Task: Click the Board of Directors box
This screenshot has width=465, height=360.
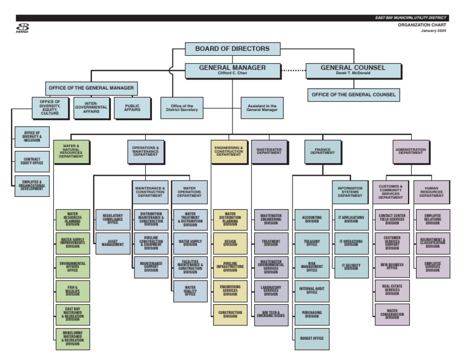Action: [x=232, y=49]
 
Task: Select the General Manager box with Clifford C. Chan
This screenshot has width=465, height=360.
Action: [x=232, y=70]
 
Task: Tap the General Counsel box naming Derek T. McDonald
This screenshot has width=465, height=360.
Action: [x=352, y=70]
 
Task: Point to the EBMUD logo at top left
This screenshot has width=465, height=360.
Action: [x=22, y=28]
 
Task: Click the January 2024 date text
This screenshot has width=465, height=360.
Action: [x=434, y=31]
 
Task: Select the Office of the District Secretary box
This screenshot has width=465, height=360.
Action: [x=182, y=108]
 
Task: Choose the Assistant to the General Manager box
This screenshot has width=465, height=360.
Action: [x=262, y=108]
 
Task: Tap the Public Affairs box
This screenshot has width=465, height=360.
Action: [x=132, y=108]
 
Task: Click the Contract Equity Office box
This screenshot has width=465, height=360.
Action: [x=32, y=161]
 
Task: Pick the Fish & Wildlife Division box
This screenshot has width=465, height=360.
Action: [x=73, y=292]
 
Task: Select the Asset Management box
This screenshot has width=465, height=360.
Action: [x=113, y=243]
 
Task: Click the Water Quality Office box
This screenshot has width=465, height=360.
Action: [x=190, y=292]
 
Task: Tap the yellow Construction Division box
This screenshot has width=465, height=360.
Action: [x=230, y=315]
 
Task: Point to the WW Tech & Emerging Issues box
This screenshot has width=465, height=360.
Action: [x=271, y=315]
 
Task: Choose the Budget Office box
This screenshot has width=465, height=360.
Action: [x=312, y=338]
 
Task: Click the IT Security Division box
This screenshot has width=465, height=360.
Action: [x=351, y=267]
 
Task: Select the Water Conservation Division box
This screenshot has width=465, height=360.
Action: [x=392, y=315]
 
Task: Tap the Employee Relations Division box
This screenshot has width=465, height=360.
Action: [x=432, y=219]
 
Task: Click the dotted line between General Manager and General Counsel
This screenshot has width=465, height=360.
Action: [x=294, y=71]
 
